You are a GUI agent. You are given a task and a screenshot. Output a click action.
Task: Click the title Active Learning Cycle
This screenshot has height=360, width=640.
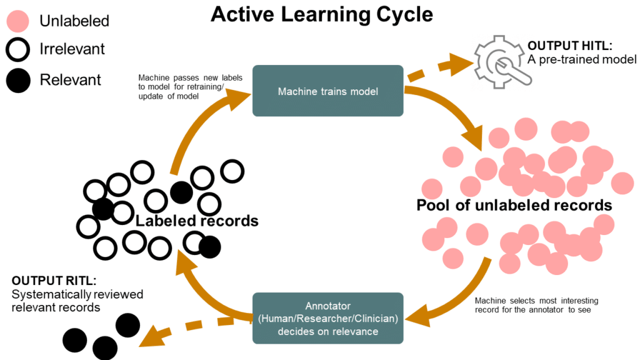click(x=321, y=14)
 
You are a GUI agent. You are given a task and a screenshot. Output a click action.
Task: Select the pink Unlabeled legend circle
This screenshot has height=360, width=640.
click(x=19, y=21)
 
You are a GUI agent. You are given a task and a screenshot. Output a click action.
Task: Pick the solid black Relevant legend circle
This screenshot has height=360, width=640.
click(x=19, y=79)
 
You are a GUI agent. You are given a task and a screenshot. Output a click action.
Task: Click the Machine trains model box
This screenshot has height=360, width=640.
click(x=327, y=91)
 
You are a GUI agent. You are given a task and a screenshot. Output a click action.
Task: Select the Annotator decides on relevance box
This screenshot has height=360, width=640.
click(x=327, y=318)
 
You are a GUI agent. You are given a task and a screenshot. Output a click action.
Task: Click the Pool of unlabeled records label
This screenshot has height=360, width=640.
click(x=514, y=206)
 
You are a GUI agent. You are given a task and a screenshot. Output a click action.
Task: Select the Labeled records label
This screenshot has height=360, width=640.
click(x=197, y=221)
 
